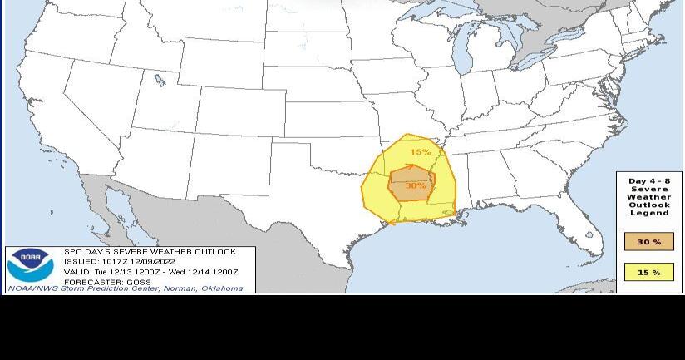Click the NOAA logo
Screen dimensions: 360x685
(31, 265)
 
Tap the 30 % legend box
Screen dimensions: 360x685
(649, 242)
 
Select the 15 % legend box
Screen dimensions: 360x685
(649, 273)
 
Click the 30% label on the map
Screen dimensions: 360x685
(415, 186)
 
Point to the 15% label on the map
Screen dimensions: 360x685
(421, 152)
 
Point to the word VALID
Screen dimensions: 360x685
(76, 272)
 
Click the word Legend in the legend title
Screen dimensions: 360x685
(649, 214)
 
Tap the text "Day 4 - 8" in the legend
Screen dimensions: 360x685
(649, 181)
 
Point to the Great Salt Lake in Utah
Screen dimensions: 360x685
(158, 81)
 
